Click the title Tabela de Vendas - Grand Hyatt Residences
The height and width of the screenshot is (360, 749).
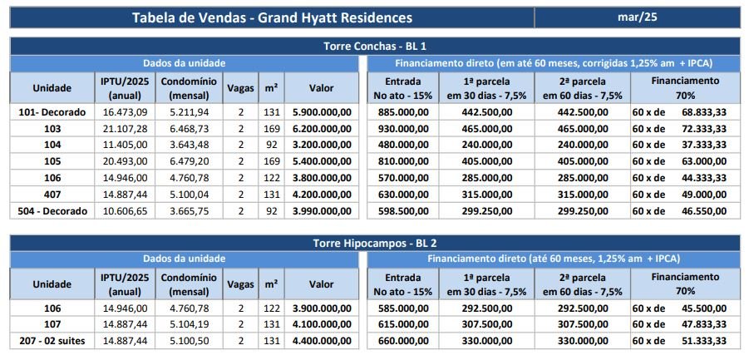pyautogui.click(x=271, y=17)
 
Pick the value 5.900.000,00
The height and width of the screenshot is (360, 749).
pyautogui.click(x=321, y=111)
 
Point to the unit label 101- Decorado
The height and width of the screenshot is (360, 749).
pyautogui.click(x=52, y=111)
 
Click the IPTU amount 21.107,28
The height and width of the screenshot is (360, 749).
pyautogui.click(x=125, y=128)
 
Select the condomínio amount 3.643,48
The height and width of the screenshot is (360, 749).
pyautogui.click(x=189, y=145)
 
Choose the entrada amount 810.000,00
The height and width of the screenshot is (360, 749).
pyautogui.click(x=402, y=161)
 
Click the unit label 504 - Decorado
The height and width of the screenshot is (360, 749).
pyautogui.click(x=52, y=211)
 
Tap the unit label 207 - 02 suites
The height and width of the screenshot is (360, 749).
pyautogui.click(x=52, y=341)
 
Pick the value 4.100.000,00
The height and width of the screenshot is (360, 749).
pyautogui.click(x=321, y=324)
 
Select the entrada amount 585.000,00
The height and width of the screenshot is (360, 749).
pyautogui.click(x=402, y=308)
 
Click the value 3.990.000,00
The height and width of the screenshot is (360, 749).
pyautogui.click(x=321, y=211)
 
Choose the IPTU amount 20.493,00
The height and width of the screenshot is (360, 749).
pyautogui.click(x=125, y=161)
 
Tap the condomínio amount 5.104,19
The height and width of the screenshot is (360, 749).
pyautogui.click(x=189, y=324)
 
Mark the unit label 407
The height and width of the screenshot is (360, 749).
pyautogui.click(x=52, y=195)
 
